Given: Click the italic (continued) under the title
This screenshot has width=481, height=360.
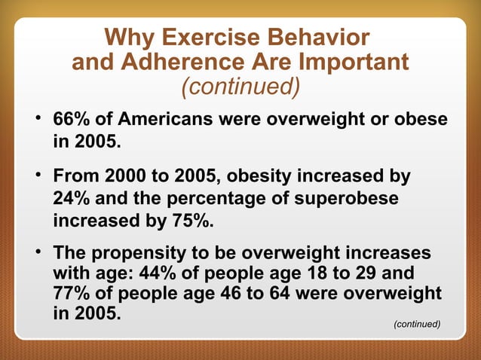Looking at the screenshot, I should coord(240,87).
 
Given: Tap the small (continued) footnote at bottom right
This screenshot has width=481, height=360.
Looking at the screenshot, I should coord(417,323).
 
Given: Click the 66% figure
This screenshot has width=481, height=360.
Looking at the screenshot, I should coord(71,121).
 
